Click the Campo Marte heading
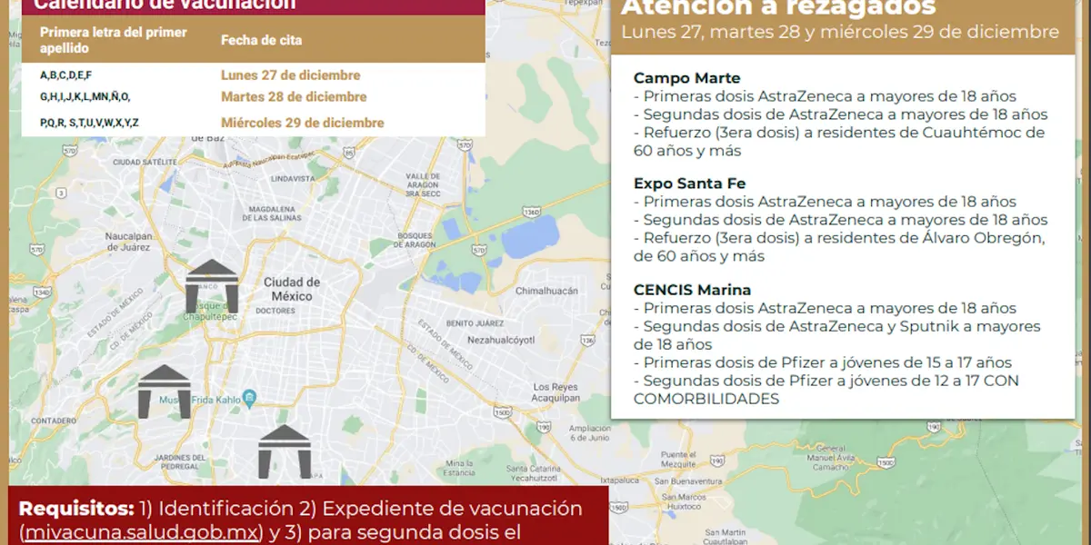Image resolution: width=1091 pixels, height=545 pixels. [x=686, y=78]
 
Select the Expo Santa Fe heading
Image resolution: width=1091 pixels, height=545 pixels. [x=689, y=183]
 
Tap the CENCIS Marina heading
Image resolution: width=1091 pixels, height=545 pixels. [x=692, y=290]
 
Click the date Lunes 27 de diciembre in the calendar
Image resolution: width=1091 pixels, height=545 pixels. [x=290, y=75]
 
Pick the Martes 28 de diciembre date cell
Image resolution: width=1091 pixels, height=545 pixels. [x=294, y=97]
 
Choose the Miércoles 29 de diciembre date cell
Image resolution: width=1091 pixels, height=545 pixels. [x=302, y=123]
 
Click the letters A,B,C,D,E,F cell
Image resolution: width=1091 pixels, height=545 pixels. [x=65, y=75]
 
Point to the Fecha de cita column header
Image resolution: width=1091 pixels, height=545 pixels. [x=261, y=41]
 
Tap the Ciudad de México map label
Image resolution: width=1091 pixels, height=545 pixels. [x=292, y=289]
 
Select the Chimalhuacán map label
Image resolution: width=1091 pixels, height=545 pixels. [x=547, y=291]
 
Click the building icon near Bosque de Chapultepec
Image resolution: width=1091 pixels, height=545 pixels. [x=212, y=285]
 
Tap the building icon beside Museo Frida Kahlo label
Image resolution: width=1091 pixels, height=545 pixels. [x=165, y=391]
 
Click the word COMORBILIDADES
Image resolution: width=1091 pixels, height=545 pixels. [x=706, y=399]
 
